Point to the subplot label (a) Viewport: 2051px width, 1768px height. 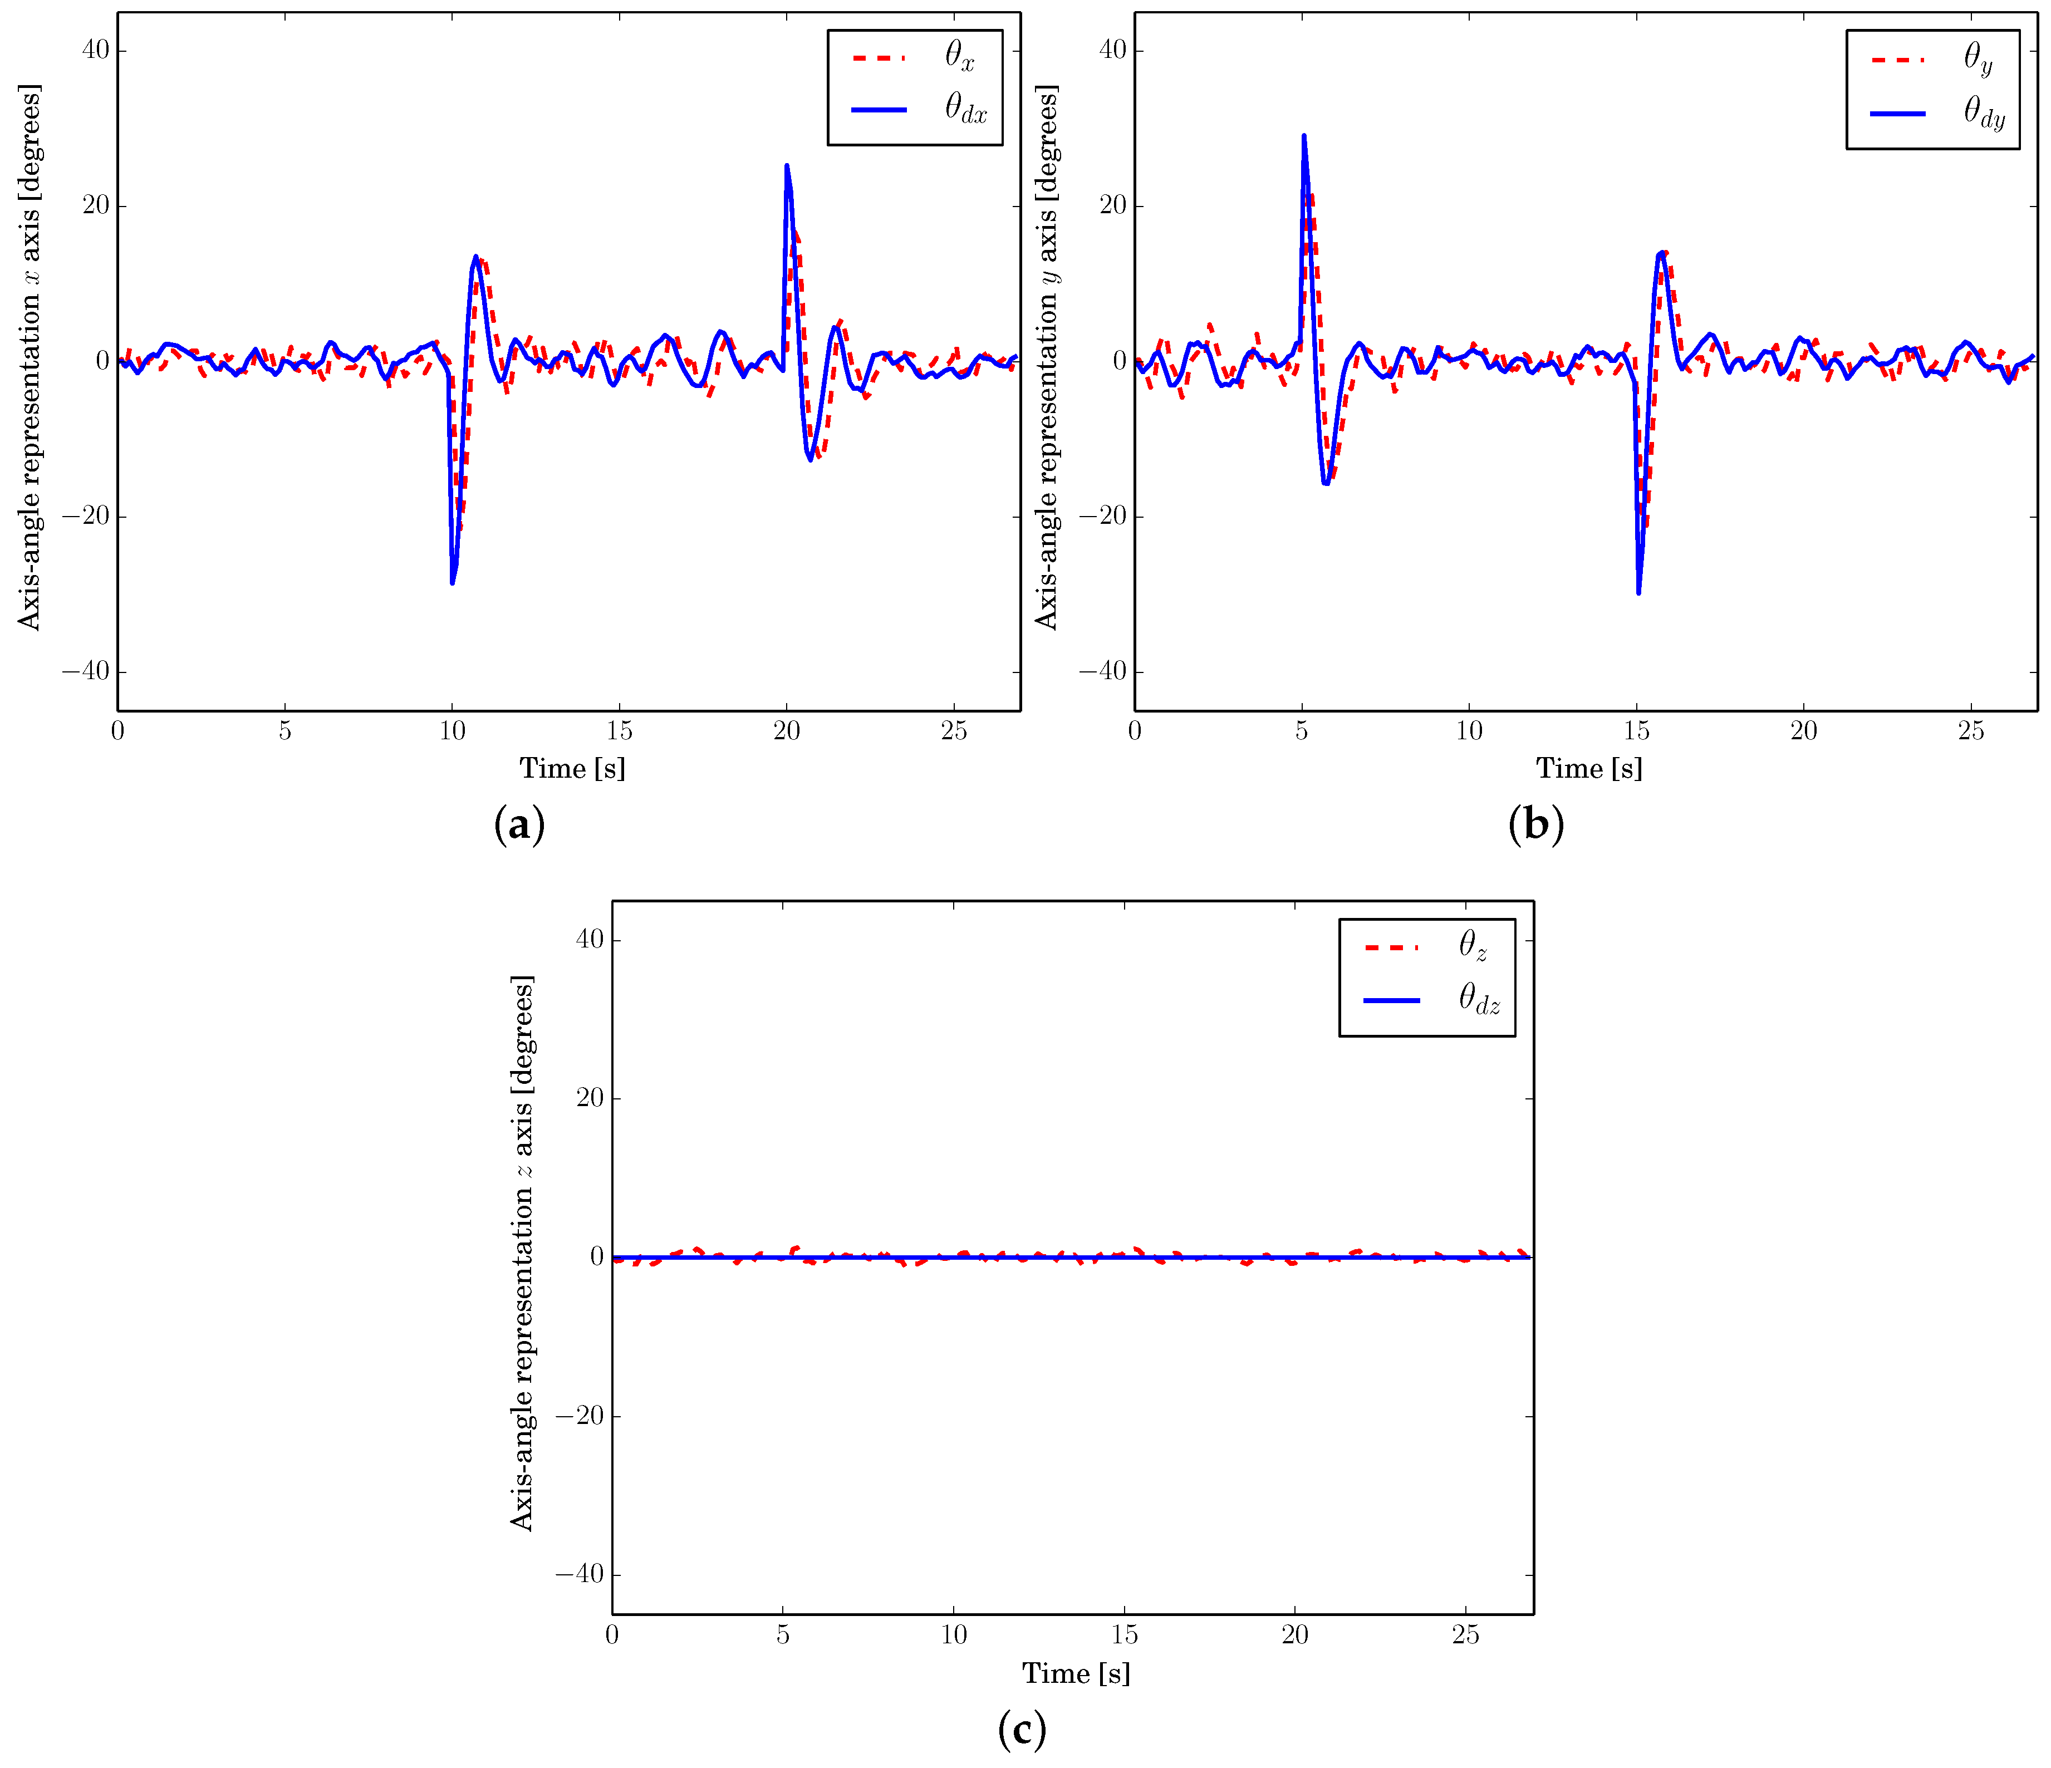click(x=519, y=824)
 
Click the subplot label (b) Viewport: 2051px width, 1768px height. click(x=1535, y=824)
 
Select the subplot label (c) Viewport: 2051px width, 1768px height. click(x=1022, y=1728)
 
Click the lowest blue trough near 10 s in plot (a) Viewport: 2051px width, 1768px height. click(x=453, y=583)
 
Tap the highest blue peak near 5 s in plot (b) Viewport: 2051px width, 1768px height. click(x=1304, y=136)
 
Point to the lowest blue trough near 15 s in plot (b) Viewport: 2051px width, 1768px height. click(x=1638, y=593)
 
